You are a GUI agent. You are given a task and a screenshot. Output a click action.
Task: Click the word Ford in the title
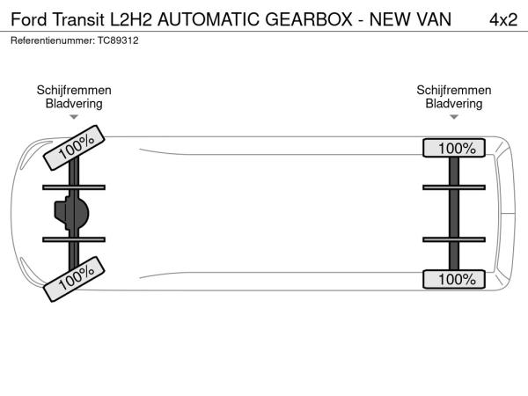[x=29, y=19]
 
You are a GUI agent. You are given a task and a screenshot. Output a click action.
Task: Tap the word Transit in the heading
[x=78, y=19]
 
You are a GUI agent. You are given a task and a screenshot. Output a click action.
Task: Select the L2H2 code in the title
[x=131, y=19]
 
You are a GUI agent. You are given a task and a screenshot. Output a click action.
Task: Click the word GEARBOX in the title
[x=309, y=19]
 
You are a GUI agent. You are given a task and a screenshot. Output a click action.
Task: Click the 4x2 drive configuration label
[x=503, y=20]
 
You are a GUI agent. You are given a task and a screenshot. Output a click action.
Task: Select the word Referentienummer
[x=53, y=40]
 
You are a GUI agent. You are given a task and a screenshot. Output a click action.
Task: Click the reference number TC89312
[x=118, y=40]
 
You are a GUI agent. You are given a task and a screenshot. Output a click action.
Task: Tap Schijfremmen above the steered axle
[x=74, y=91]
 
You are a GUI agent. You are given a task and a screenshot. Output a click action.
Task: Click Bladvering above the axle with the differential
[x=74, y=104]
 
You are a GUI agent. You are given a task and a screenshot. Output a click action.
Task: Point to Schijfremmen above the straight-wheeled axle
[x=454, y=91]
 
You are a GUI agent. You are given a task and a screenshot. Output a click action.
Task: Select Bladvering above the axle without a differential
[x=454, y=104]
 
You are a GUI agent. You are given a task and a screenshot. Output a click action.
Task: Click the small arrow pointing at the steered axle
[x=74, y=117]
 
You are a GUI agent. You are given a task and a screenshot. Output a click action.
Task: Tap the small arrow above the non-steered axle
[x=454, y=117]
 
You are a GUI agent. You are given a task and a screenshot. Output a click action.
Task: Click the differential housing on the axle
[x=71, y=213]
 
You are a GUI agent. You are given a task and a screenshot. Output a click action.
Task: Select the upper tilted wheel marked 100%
[x=74, y=148]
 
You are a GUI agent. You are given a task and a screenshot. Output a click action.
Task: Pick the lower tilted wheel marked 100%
[x=74, y=279]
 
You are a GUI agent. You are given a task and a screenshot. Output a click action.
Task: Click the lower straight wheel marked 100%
[x=454, y=279]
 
